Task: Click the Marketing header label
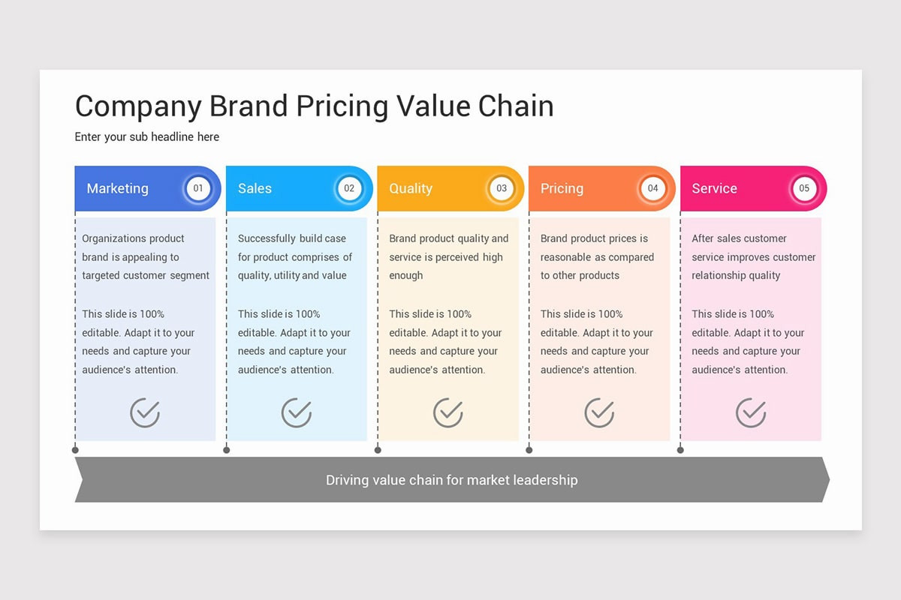pos(117,188)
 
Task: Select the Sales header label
pos(255,188)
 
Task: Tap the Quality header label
pos(411,188)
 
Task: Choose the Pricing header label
pos(562,188)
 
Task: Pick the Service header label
pos(714,188)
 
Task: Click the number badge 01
pos(198,188)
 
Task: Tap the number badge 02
pos(349,188)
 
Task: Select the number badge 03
pos(502,188)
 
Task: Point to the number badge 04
pos(652,188)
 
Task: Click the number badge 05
pos(804,188)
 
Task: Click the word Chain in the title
pos(516,106)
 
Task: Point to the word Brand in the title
pos(249,106)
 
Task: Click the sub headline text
pos(147,137)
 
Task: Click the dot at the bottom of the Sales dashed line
pos(227,450)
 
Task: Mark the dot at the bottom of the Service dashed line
pos(680,450)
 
